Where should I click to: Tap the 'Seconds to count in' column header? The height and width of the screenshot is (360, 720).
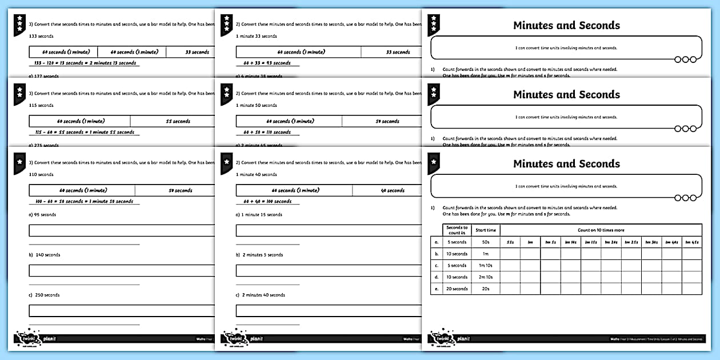(x=457, y=230)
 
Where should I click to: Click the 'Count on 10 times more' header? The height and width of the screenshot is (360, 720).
(x=601, y=230)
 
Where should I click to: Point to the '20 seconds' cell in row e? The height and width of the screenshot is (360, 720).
(x=457, y=289)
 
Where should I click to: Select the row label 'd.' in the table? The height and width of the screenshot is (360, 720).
(x=437, y=277)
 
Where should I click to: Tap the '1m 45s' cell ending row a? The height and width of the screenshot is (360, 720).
(x=691, y=242)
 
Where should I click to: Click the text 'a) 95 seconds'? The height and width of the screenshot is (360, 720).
(x=42, y=215)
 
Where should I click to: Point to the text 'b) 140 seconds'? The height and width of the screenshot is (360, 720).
(x=45, y=255)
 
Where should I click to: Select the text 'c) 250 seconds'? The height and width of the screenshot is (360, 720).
(x=44, y=295)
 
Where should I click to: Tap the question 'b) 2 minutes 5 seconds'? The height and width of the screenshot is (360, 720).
(x=259, y=255)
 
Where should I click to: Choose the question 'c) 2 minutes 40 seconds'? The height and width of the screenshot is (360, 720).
(x=261, y=295)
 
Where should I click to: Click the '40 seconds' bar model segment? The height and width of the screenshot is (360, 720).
(x=393, y=190)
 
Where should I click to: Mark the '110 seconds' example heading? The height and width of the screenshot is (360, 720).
(x=41, y=174)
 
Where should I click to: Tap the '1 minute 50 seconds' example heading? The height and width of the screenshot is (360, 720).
(x=257, y=105)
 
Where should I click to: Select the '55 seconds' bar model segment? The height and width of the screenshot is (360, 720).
(x=178, y=121)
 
